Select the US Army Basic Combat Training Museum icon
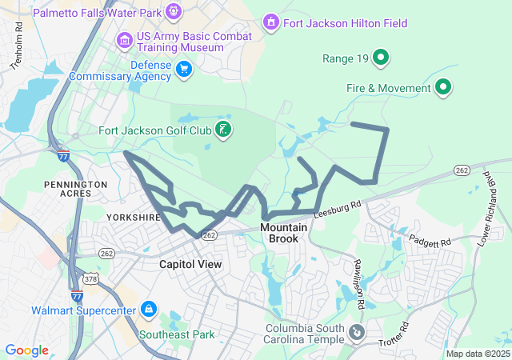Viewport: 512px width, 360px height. (124, 39)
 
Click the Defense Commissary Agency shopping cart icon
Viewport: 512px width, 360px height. (185, 70)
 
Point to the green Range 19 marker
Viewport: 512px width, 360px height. (382, 57)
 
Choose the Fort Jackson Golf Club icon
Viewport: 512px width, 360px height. (223, 129)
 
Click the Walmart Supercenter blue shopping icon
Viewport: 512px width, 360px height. (148, 309)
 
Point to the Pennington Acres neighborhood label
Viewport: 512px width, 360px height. (76, 190)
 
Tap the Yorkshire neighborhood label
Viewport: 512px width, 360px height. (134, 217)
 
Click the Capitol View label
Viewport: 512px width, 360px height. (190, 263)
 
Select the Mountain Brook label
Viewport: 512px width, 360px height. (283, 233)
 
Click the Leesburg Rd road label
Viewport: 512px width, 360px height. (337, 209)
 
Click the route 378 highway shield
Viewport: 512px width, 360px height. (93, 279)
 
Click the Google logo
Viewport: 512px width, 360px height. (26, 350)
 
